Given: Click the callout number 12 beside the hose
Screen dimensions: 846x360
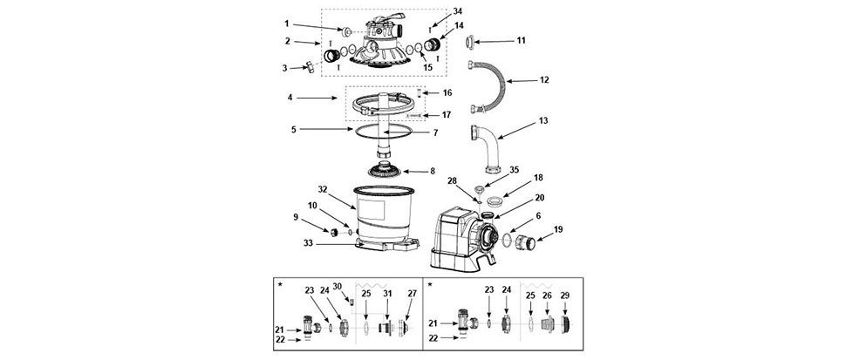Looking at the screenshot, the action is [x=544, y=80].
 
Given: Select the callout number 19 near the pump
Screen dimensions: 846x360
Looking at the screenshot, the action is [x=558, y=229].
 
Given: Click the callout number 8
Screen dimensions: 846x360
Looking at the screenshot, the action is [x=432, y=172].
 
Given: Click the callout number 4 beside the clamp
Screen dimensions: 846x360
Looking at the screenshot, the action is [x=290, y=98].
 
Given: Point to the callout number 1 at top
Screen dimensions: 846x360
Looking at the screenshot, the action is [x=287, y=24].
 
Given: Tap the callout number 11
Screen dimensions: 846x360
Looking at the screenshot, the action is [x=521, y=40].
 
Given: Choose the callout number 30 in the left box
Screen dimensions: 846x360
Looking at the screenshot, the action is [x=338, y=286].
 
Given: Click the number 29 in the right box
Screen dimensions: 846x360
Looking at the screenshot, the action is [x=565, y=295].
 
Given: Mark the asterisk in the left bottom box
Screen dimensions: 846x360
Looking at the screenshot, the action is [x=280, y=284].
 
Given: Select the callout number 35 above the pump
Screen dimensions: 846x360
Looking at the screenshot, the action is [x=514, y=169].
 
